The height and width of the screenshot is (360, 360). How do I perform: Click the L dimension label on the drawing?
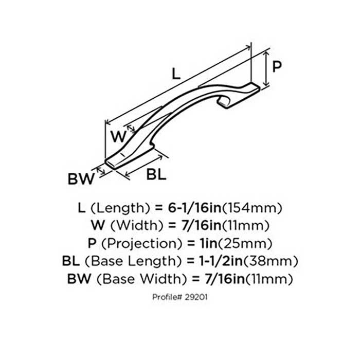click(x=176, y=74)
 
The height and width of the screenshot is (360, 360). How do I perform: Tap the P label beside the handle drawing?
click(x=277, y=66)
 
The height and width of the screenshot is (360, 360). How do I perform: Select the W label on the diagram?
click(x=118, y=137)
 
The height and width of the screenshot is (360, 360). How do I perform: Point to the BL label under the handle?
click(x=156, y=174)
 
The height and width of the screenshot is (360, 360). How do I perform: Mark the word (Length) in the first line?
click(x=116, y=208)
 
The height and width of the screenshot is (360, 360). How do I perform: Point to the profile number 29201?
click(x=197, y=297)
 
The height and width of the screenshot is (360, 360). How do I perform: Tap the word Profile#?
click(x=169, y=297)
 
